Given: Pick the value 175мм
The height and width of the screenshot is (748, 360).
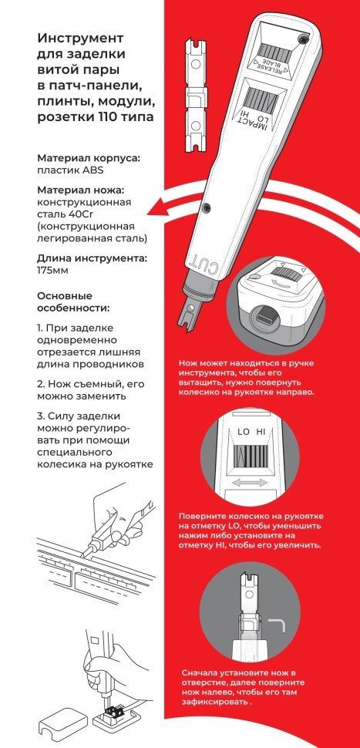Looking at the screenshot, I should [x=55, y=271].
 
